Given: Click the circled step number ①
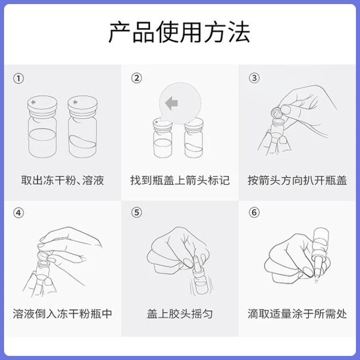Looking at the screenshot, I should tap(18, 78).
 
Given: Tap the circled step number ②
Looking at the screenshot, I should tap(137, 78).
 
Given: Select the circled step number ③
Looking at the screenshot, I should tap(254, 78).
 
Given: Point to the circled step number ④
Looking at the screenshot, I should tap(18, 213).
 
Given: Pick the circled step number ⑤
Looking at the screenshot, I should tap(137, 213).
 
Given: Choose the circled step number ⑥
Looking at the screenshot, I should tap(254, 213).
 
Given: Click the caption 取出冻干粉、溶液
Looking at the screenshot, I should tap(63, 181).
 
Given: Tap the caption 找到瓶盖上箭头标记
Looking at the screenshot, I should tap(180, 181).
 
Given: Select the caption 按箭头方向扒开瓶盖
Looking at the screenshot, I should tap(297, 181).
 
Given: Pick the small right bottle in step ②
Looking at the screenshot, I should tap(194, 142).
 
